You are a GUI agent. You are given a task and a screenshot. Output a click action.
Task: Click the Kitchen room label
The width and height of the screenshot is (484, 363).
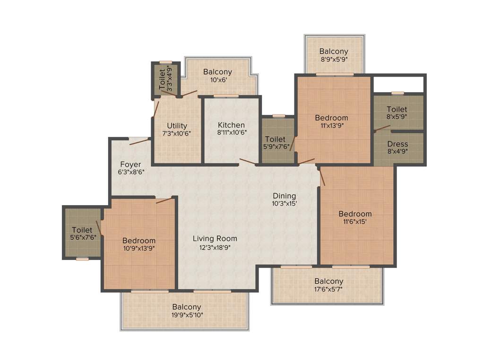pyautogui.click(x=231, y=125)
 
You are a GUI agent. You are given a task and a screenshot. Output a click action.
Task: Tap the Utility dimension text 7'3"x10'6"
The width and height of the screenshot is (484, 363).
pyautogui.click(x=177, y=133)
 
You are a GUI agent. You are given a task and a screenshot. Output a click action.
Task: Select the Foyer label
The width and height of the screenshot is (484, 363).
pyautogui.click(x=130, y=164)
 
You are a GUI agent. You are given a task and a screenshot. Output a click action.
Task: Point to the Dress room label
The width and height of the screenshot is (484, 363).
pyautogui.click(x=398, y=144)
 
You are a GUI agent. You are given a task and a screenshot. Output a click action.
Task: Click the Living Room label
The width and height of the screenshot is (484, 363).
pyautogui.click(x=215, y=238)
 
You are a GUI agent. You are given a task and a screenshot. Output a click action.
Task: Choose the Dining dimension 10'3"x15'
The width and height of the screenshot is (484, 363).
pyautogui.click(x=284, y=203)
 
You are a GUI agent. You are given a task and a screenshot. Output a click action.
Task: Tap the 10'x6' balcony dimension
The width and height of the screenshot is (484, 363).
pyautogui.click(x=217, y=80)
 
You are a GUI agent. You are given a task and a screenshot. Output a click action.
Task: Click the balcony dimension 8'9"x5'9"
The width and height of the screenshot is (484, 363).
pyautogui.click(x=334, y=59)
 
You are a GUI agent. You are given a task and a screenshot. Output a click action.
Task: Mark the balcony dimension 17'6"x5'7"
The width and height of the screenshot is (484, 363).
pyautogui.click(x=328, y=289)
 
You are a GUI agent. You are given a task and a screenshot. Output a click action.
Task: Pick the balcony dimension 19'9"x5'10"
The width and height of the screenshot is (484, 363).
pyautogui.click(x=186, y=315)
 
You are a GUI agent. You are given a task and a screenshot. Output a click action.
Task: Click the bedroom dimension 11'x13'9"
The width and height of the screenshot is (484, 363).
pyautogui.click(x=331, y=125)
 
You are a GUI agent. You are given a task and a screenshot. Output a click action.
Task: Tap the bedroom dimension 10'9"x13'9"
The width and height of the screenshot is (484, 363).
pyautogui.click(x=138, y=248)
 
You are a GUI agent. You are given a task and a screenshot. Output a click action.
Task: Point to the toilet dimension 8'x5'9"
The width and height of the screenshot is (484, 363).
pyautogui.click(x=397, y=117)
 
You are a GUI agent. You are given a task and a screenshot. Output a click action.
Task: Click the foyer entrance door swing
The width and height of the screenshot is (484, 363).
pyautogui.click(x=139, y=141)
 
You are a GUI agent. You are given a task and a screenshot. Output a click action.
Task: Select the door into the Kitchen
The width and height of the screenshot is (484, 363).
pyautogui.click(x=248, y=162)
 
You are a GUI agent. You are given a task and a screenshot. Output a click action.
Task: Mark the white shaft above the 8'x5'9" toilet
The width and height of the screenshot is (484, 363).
pyautogui.click(x=398, y=84)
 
